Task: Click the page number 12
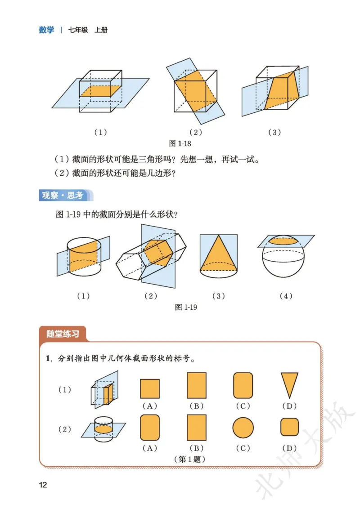(43, 485)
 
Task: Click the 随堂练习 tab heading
(63, 334)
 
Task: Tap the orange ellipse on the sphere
(286, 241)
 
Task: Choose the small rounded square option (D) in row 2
(290, 427)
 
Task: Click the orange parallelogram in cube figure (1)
(101, 90)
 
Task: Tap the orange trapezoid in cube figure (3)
(283, 92)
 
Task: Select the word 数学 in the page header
(46, 30)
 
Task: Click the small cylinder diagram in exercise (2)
(104, 429)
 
